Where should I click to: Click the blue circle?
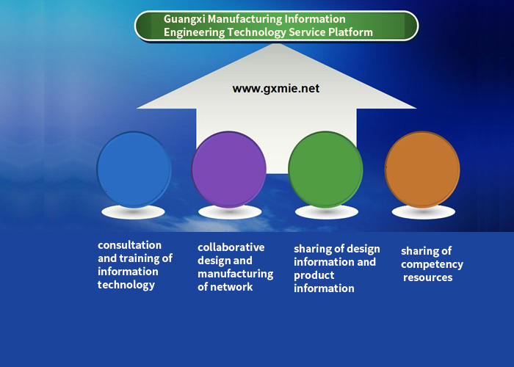click(x=134, y=170)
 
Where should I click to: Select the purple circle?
click(x=229, y=170)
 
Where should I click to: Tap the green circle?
click(x=325, y=170)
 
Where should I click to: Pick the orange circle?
click(x=422, y=170)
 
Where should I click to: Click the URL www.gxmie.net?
click(x=276, y=89)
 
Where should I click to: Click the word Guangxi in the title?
click(x=184, y=19)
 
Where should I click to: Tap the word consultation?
click(x=129, y=245)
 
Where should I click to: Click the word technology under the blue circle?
click(x=126, y=285)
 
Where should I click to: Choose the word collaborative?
click(x=231, y=247)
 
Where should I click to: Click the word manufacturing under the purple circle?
click(x=236, y=274)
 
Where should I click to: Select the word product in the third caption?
click(x=314, y=275)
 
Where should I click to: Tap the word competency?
click(x=432, y=264)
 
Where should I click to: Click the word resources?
click(x=428, y=277)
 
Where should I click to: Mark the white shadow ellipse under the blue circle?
click(x=133, y=212)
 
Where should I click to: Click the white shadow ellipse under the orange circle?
click(x=424, y=212)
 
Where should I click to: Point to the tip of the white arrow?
click(x=276, y=43)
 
